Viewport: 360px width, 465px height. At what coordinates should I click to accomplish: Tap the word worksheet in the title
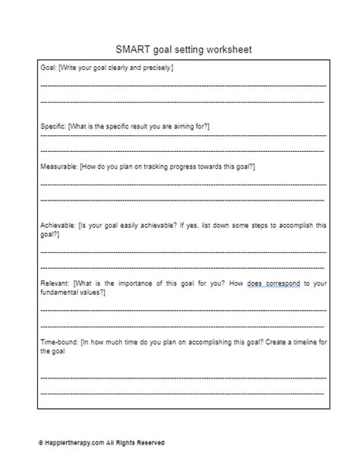tap(224, 50)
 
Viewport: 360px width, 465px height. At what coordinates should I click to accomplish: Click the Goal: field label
tap(48, 68)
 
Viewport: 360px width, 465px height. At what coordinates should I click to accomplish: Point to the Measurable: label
tap(58, 165)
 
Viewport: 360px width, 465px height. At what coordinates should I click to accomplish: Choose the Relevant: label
tap(54, 283)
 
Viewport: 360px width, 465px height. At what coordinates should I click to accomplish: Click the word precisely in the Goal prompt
tap(156, 68)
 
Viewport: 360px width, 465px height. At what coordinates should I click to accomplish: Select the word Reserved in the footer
tap(150, 443)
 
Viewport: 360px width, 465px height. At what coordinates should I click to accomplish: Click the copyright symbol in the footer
tap(41, 443)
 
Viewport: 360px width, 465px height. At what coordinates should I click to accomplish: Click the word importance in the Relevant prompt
tap(125, 283)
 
